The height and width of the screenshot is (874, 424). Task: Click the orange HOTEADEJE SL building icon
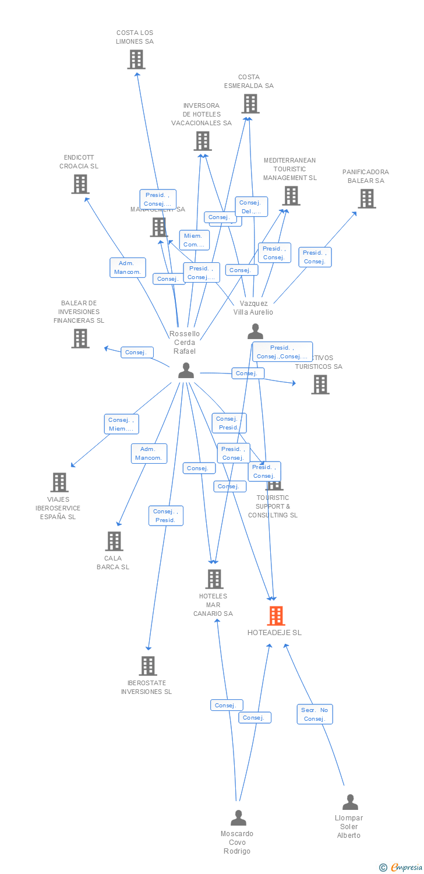click(276, 616)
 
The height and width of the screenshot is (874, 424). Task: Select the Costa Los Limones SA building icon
click(136, 59)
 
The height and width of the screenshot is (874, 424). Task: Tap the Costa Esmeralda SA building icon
click(250, 104)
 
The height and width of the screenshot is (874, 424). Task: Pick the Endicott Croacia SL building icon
click(80, 184)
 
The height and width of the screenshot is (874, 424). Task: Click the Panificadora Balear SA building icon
click(367, 199)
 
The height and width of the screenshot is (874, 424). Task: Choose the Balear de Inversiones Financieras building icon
click(80, 339)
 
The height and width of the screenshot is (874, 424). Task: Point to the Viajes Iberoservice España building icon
click(59, 482)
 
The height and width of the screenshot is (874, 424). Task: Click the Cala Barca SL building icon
click(114, 541)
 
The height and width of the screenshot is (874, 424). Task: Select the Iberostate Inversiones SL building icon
click(148, 666)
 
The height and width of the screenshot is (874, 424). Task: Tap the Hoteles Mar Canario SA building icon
click(214, 579)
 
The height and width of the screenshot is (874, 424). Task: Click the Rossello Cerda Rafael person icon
click(186, 371)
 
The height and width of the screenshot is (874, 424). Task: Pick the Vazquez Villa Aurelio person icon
click(255, 332)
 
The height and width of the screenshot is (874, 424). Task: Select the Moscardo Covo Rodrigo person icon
click(238, 818)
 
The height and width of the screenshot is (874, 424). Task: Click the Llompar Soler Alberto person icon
click(350, 802)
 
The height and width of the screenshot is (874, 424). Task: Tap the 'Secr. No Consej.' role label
click(315, 714)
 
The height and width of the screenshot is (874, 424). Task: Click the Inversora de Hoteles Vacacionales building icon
click(203, 141)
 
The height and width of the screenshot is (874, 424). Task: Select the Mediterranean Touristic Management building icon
click(291, 196)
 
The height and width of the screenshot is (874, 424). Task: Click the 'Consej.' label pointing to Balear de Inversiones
click(137, 353)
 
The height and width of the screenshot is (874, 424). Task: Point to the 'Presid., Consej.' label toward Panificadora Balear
click(315, 257)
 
